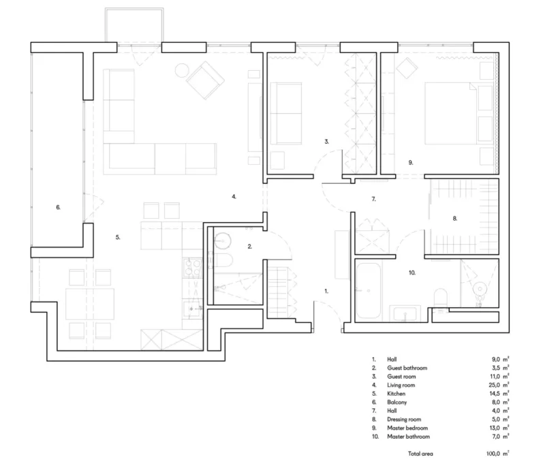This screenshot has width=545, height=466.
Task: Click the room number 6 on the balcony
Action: click(x=58, y=208)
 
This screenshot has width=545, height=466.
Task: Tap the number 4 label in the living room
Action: click(x=234, y=197)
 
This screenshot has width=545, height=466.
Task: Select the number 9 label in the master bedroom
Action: click(x=411, y=162)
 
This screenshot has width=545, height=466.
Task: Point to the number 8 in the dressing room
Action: click(x=455, y=219)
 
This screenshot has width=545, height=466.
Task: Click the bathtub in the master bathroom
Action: click(x=369, y=290)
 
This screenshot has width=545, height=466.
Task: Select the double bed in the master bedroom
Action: click(x=451, y=113)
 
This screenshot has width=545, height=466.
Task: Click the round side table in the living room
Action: click(x=182, y=70)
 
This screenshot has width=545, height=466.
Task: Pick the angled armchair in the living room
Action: click(x=205, y=80)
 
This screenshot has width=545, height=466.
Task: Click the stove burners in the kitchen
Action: click(x=192, y=268)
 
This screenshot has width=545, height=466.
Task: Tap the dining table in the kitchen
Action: click(x=90, y=304)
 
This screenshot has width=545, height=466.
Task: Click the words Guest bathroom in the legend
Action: click(x=407, y=368)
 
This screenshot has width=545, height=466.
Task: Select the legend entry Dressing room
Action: click(x=404, y=420)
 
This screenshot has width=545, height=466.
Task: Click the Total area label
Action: click(x=420, y=454)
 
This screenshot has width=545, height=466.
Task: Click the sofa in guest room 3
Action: click(x=285, y=113)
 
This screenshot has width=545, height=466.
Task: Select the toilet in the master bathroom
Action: click(x=441, y=298)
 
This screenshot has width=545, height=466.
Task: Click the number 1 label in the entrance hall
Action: click(x=326, y=291)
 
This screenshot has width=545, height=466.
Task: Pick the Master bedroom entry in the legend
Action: click(x=407, y=428)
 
